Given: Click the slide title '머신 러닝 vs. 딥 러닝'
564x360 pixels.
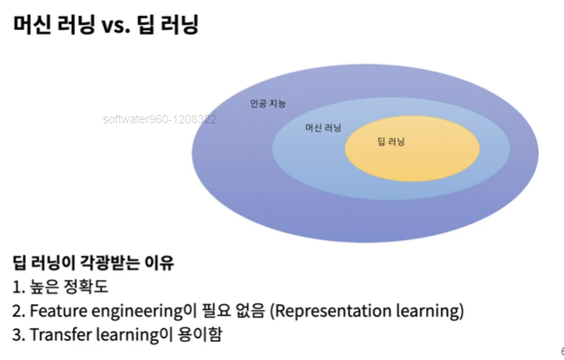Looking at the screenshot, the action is (x=106, y=24).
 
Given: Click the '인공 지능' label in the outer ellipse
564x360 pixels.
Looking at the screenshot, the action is (x=268, y=104).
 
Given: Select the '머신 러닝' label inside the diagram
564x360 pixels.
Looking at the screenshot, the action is (x=323, y=127).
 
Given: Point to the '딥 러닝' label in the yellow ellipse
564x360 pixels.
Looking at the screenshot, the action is (x=391, y=142).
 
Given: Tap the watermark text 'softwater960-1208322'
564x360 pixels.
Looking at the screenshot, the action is (x=159, y=119).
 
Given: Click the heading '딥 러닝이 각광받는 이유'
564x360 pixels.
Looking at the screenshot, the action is (x=93, y=262).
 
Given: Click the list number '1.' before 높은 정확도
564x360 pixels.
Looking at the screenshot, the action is (x=18, y=287).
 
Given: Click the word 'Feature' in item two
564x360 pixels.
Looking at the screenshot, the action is (x=58, y=311).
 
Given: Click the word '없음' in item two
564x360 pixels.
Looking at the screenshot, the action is (x=251, y=310).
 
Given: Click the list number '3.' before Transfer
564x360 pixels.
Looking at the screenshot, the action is (x=18, y=335).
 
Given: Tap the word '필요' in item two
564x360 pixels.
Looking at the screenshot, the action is (x=216, y=310).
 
